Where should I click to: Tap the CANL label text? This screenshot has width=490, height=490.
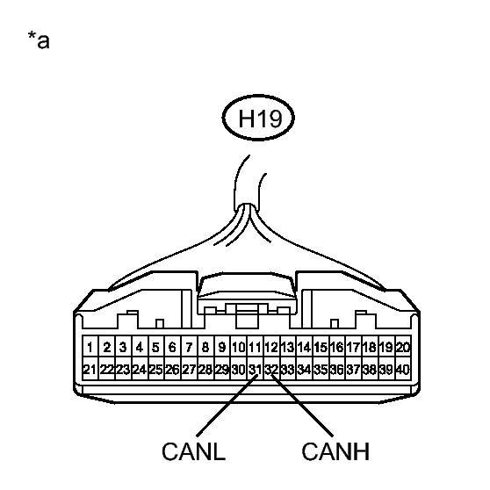click(194, 451)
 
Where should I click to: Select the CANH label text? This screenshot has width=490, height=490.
click(335, 451)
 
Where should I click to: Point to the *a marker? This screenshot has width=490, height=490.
click(39, 40)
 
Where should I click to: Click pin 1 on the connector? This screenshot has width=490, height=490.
click(90, 347)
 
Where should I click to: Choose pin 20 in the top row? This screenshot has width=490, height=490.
click(403, 347)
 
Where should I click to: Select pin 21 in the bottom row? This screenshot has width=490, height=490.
click(90, 370)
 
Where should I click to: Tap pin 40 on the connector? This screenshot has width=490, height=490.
click(403, 370)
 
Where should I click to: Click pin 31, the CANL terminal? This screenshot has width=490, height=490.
click(255, 370)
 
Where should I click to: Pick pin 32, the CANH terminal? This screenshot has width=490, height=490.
click(271, 370)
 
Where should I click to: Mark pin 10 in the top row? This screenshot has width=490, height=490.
click(239, 347)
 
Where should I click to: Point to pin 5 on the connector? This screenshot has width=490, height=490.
click(156, 347)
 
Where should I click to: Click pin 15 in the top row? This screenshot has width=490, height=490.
click(321, 347)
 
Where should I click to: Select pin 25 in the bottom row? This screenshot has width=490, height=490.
click(156, 370)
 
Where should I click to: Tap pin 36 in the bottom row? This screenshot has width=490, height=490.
click(337, 370)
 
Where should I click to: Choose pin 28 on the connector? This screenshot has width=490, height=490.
click(205, 370)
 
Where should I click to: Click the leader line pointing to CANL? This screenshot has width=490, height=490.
click(227, 406)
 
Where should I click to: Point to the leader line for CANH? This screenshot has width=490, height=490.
click(302, 405)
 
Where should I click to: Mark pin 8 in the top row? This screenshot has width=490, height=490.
click(205, 347)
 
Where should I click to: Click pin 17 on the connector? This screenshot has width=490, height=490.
click(354, 347)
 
